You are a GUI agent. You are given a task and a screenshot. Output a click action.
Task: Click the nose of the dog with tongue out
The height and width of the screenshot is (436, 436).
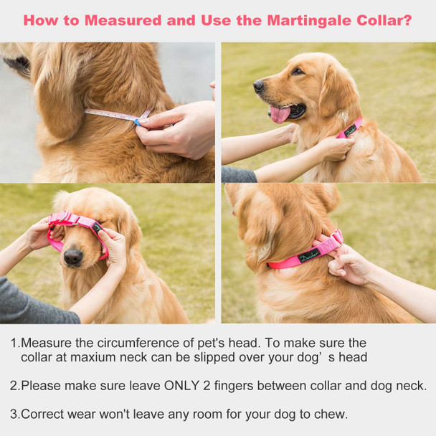(x=258, y=86)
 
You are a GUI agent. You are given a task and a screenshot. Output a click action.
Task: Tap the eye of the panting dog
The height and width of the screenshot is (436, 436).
(x=296, y=72)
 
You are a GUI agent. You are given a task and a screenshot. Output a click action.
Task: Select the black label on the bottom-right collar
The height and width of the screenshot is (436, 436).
(x=310, y=255)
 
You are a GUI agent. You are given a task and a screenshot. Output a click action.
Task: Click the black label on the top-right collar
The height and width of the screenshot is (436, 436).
(x=349, y=130)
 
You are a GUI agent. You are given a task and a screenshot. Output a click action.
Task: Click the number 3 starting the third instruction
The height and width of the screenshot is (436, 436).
(x=14, y=413)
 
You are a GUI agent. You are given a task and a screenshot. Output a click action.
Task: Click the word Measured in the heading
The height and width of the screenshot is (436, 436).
(x=121, y=20)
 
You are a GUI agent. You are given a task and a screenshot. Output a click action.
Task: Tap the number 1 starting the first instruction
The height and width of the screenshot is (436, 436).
(x=14, y=343)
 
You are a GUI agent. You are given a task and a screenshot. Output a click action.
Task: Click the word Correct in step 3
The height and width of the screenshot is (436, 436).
(x=43, y=413)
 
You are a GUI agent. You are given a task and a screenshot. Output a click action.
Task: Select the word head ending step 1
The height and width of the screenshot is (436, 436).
(x=353, y=357)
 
